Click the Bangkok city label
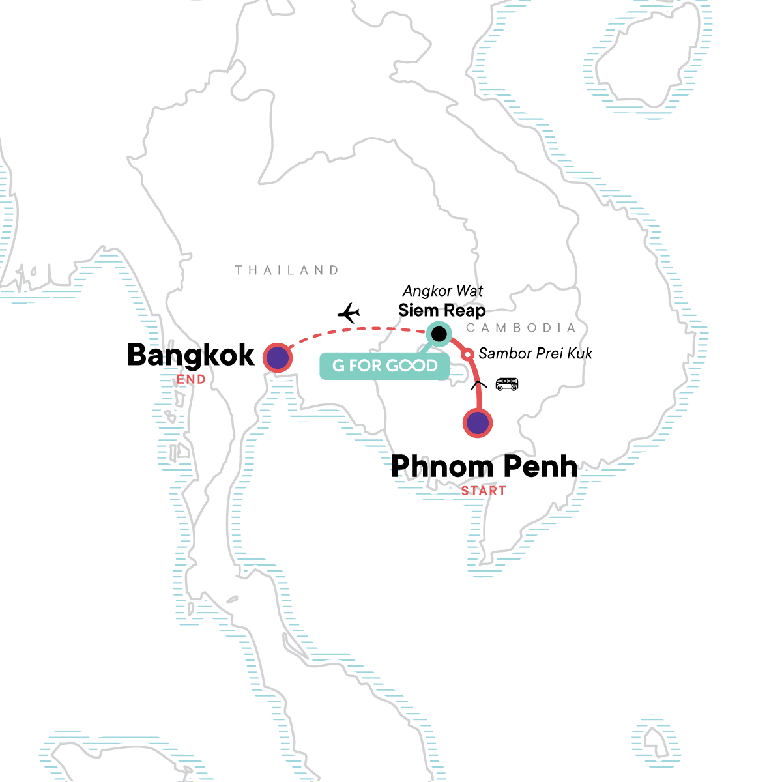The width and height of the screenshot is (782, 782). [191, 355]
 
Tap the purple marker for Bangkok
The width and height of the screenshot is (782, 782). [277, 358]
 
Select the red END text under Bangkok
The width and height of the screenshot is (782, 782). [191, 379]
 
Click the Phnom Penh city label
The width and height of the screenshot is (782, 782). [484, 467]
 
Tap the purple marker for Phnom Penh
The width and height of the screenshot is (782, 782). [478, 423]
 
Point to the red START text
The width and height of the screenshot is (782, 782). [484, 491]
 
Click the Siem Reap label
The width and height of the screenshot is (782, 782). [442, 311]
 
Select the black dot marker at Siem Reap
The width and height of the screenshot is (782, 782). [440, 334]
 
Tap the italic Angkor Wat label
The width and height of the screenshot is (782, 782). [443, 291]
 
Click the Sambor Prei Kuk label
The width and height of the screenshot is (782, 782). [535, 353]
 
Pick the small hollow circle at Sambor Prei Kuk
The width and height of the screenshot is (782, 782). [467, 355]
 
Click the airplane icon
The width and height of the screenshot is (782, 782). [349, 313]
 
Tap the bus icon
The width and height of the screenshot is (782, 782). [507, 384]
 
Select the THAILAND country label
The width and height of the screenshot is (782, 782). [287, 270]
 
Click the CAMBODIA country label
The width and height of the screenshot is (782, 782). [521, 328]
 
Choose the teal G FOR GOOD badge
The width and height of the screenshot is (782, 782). [384, 366]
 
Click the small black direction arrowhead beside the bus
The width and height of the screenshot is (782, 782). [479, 384]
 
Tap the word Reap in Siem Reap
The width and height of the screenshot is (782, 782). [465, 311]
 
